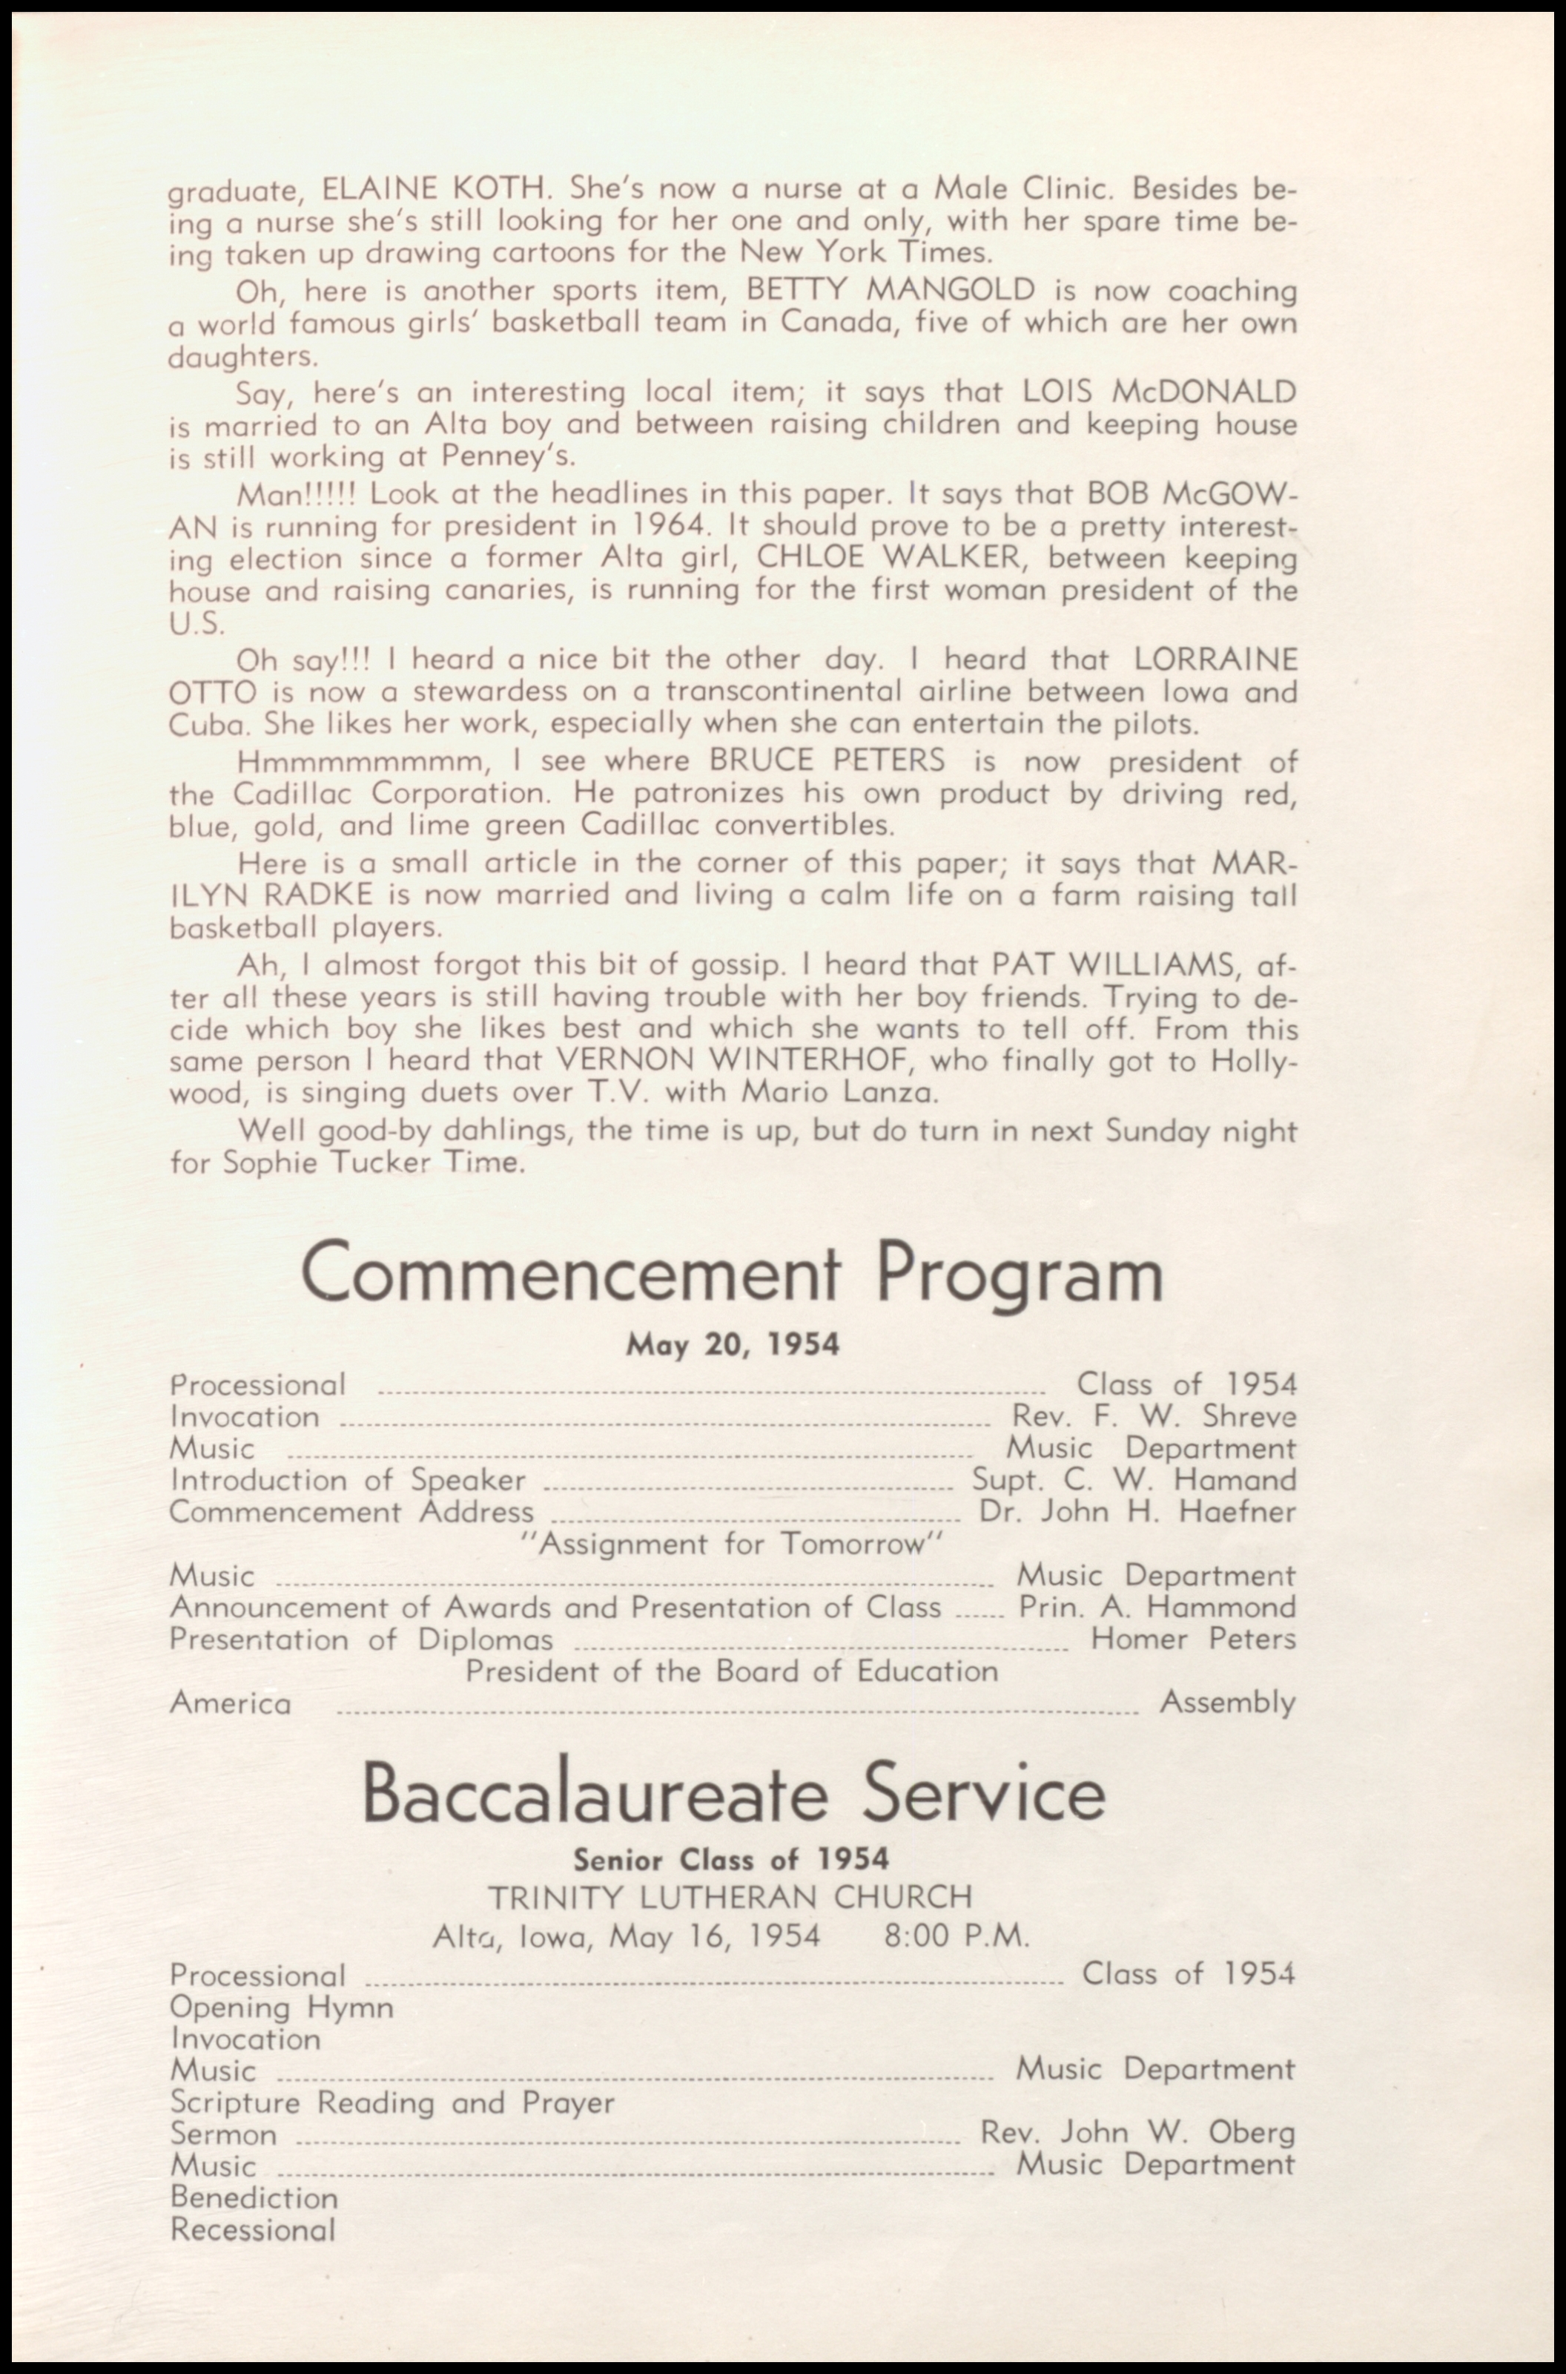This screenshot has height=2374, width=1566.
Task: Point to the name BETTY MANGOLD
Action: (891, 290)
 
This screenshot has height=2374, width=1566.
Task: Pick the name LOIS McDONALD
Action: (1158, 391)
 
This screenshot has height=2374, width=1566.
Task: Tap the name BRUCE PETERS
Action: (826, 760)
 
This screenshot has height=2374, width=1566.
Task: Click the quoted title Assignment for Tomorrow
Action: (732, 1544)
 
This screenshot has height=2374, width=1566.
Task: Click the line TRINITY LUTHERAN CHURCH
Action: (730, 1896)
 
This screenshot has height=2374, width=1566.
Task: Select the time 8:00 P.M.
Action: (956, 1936)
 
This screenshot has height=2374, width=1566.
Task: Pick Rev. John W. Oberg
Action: (1137, 2132)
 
